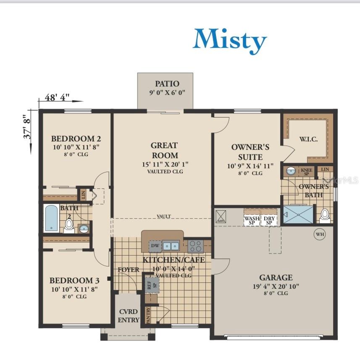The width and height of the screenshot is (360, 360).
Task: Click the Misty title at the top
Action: pos(229,41)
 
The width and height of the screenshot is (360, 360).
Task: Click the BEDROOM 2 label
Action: pos(76,138)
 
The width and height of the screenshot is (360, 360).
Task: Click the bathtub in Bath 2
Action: pos(52,218)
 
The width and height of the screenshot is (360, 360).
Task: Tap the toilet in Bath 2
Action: pos(69,225)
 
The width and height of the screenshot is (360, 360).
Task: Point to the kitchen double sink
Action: pos(171,245)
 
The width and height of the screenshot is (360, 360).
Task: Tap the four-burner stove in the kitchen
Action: pos(195,245)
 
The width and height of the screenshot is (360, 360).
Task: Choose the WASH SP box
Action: pos(252,221)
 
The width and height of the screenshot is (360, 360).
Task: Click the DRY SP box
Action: pos(268,221)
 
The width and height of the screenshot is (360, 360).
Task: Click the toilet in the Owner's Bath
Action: pos(324,215)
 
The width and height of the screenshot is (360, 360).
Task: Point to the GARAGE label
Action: pos(276,277)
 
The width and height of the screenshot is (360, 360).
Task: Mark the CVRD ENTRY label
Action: pos(129,316)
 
